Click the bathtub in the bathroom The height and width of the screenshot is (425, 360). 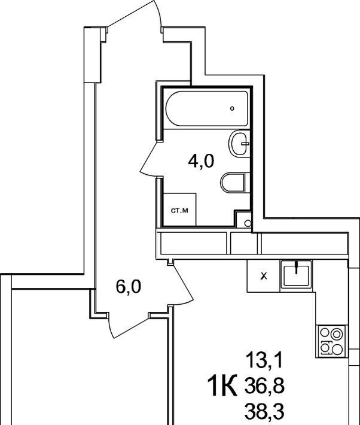pyautogui.click(x=206, y=108)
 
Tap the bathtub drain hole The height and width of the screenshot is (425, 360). pyautogui.click(x=232, y=108)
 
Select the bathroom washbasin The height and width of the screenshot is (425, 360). pyautogui.click(x=239, y=144)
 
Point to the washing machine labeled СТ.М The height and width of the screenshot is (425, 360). pyautogui.click(x=179, y=210)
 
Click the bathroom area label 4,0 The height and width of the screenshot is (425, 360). pyautogui.click(x=201, y=161)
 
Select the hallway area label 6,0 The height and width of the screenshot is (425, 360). pyautogui.click(x=128, y=287)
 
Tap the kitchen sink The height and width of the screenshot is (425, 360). pyautogui.click(x=296, y=274)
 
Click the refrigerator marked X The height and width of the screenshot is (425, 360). pyautogui.click(x=263, y=276)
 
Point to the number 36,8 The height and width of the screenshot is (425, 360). pyautogui.click(x=264, y=386)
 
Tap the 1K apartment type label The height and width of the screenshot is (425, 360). pyautogui.click(x=222, y=385)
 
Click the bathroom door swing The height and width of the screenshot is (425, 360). pyautogui.click(x=150, y=159)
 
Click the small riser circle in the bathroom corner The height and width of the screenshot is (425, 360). pyautogui.click(x=248, y=223)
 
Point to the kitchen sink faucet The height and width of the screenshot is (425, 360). pyautogui.click(x=297, y=266)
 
